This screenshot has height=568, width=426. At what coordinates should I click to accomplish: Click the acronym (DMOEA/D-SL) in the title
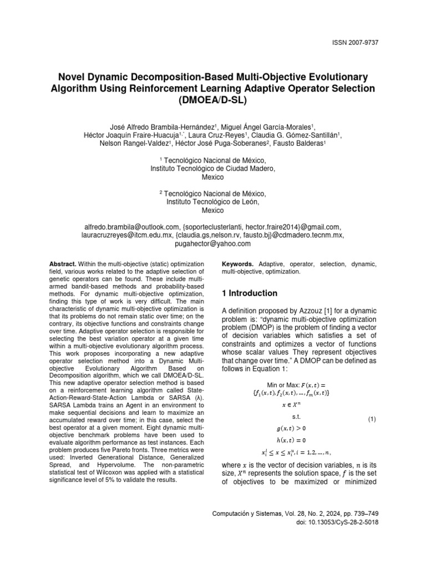[213, 101]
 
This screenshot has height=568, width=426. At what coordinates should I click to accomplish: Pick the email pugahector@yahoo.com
[213, 244]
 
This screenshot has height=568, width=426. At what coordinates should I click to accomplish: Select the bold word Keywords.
[237, 265]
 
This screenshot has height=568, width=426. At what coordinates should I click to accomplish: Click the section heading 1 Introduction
[249, 293]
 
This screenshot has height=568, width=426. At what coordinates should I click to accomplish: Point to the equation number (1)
[372, 419]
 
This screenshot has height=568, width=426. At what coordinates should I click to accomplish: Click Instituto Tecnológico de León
[213, 202]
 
